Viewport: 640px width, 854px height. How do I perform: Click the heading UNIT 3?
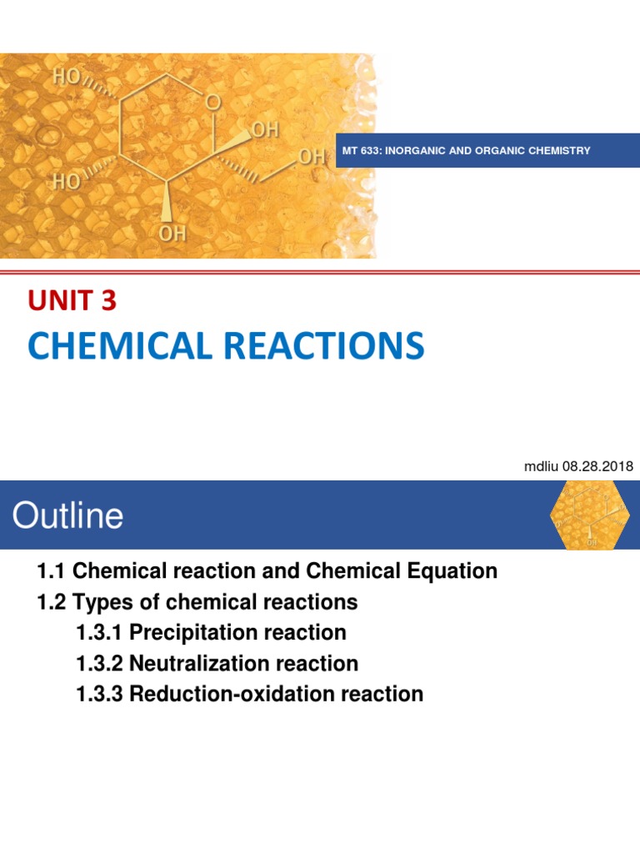[72, 301]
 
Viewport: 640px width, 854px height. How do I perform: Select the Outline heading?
[67, 515]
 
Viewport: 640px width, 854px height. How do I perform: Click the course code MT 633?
[360, 151]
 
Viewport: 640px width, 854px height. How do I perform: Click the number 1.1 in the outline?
[51, 571]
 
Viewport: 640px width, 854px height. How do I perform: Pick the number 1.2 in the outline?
[51, 601]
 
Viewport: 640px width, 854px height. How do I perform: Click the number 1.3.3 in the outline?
[98, 693]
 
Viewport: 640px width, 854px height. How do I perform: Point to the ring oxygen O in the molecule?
[214, 103]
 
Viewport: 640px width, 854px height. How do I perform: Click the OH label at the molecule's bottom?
[172, 234]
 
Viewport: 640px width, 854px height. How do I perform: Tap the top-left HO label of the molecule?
[67, 78]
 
